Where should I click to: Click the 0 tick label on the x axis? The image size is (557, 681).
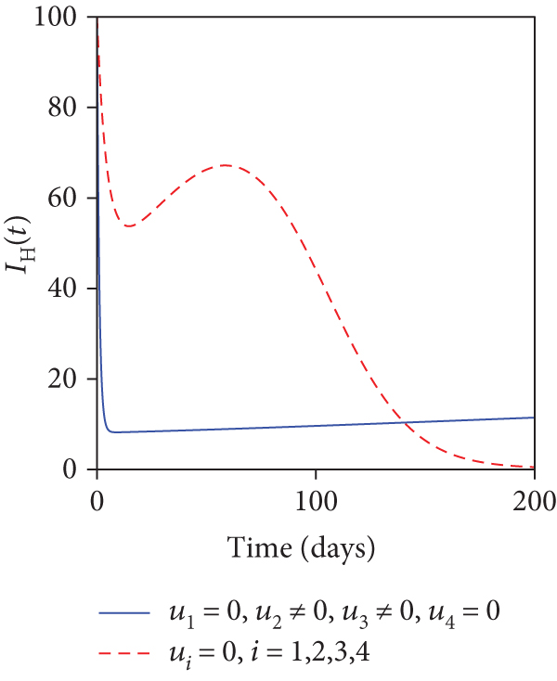(97, 504)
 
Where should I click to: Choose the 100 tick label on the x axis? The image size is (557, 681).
(316, 504)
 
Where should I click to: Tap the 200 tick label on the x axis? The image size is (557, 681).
(535, 504)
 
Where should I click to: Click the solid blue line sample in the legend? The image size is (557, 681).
(123, 614)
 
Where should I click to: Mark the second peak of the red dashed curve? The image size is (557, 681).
(226, 165)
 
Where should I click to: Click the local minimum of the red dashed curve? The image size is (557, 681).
(129, 225)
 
